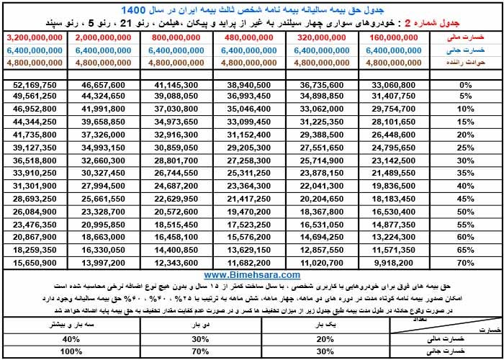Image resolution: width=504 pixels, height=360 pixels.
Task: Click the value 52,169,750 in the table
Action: coord(35,84)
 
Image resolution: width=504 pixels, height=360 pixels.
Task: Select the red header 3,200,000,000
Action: coord(35,37)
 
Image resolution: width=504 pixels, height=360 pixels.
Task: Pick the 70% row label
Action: coord(465,263)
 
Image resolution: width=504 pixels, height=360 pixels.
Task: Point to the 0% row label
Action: coord(465,84)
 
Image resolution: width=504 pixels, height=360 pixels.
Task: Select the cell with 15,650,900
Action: coord(35,263)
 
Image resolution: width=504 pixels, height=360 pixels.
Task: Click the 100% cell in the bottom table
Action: coord(71,353)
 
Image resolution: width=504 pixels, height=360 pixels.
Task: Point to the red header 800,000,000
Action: coord(178,37)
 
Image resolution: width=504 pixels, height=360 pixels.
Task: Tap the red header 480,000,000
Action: coord(251,37)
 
